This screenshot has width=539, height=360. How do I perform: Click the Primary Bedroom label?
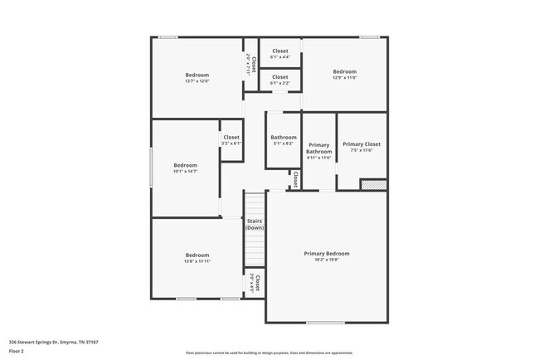pyautogui.click(x=327, y=253)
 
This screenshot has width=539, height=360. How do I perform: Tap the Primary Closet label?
pyautogui.click(x=362, y=144)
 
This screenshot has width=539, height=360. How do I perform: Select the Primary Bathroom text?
pyautogui.click(x=319, y=148)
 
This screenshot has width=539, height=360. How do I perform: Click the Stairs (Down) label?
pyautogui.click(x=255, y=224)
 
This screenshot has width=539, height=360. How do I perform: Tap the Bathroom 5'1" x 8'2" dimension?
pyautogui.click(x=284, y=144)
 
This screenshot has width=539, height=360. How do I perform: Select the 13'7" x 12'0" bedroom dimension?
pyautogui.click(x=197, y=81)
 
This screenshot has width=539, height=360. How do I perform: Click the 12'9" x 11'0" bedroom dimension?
pyautogui.click(x=344, y=77)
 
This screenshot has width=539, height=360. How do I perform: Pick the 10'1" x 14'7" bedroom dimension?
pyautogui.click(x=186, y=172)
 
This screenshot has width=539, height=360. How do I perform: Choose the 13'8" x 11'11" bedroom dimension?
pyautogui.click(x=197, y=261)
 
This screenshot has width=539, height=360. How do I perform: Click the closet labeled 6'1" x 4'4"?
pyautogui.click(x=280, y=57)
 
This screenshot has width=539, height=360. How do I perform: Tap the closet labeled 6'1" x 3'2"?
pyautogui.click(x=280, y=83)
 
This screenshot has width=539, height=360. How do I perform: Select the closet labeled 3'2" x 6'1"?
pyautogui.click(x=231, y=144)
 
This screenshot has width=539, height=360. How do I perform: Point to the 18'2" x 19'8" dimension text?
pyautogui.click(x=327, y=260)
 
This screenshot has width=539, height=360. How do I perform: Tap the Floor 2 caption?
pyautogui.click(x=17, y=352)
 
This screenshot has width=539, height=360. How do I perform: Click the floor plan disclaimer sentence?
pyautogui.click(x=269, y=353)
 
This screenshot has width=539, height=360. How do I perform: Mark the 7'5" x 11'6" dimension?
pyautogui.click(x=362, y=150)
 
